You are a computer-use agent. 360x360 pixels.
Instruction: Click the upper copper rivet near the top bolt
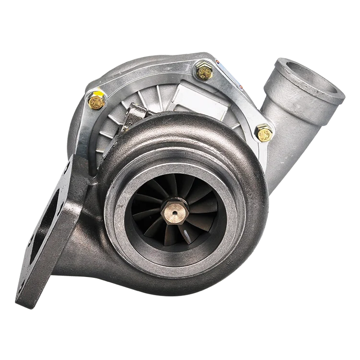218,61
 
